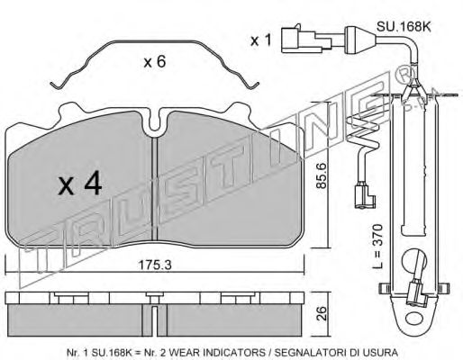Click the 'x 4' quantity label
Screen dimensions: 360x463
(x=78, y=184)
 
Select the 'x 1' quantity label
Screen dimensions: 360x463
(x=260, y=40)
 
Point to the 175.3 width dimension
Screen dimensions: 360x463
(x=162, y=264)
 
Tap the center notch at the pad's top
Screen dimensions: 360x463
(x=155, y=125)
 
